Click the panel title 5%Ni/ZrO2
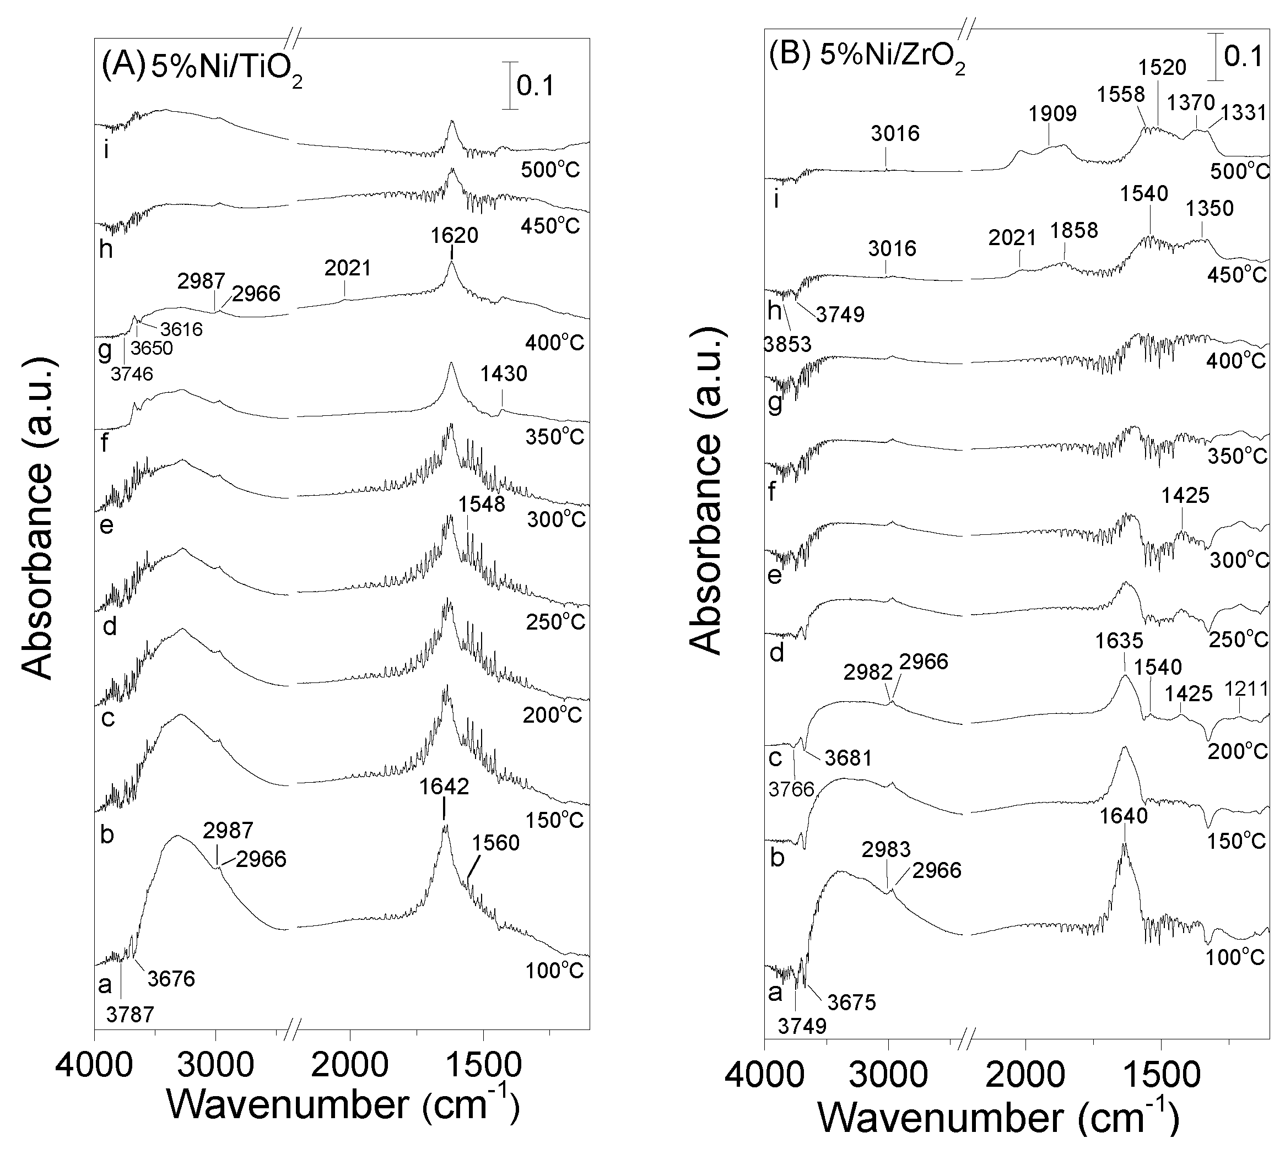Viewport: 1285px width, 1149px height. [892, 57]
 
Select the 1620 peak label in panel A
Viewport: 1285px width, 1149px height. [455, 236]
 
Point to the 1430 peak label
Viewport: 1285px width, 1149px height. [503, 374]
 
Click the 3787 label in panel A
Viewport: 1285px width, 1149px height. [130, 1015]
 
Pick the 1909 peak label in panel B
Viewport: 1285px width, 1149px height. [1052, 114]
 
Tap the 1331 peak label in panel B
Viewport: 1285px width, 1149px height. [1243, 113]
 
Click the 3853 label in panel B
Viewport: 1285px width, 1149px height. [787, 345]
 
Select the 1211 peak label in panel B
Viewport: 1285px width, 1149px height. [1246, 688]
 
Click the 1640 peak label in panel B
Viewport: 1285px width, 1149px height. [1124, 816]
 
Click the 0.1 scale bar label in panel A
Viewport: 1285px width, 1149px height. [536, 86]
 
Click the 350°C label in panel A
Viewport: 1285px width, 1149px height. [554, 436]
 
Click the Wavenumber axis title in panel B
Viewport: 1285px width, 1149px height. [998, 1119]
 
